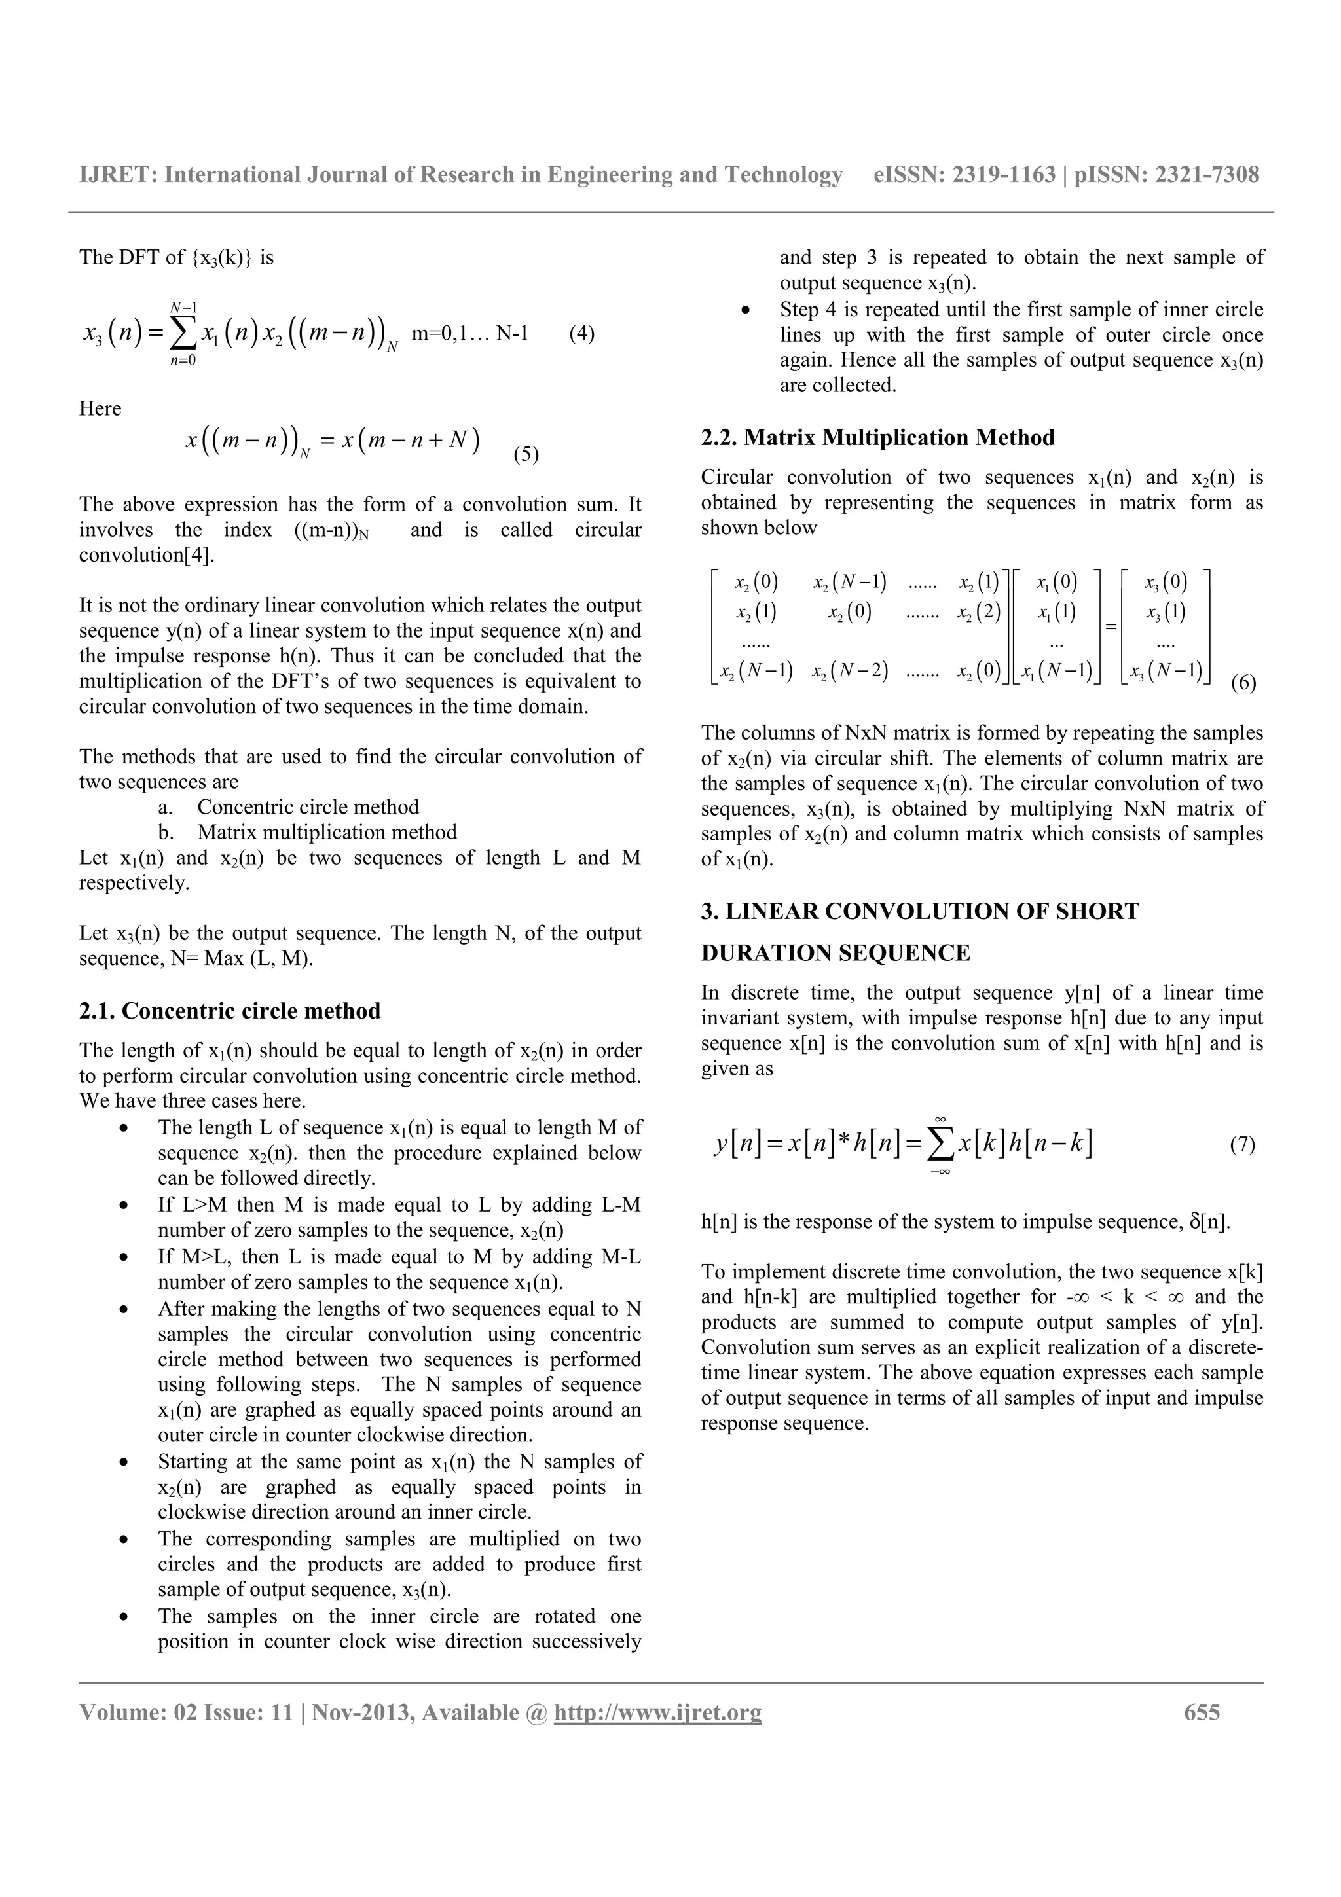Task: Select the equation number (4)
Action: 581,334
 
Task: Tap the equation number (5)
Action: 526,454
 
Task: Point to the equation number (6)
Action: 1243,683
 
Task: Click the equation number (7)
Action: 1242,1144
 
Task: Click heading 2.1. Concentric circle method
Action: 230,1011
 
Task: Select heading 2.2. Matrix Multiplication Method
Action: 877,437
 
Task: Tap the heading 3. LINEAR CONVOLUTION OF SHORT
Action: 919,911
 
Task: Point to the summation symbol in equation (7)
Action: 940,1144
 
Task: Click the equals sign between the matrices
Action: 1111,627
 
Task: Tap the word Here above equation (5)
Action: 100,408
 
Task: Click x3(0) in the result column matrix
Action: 1165,583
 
